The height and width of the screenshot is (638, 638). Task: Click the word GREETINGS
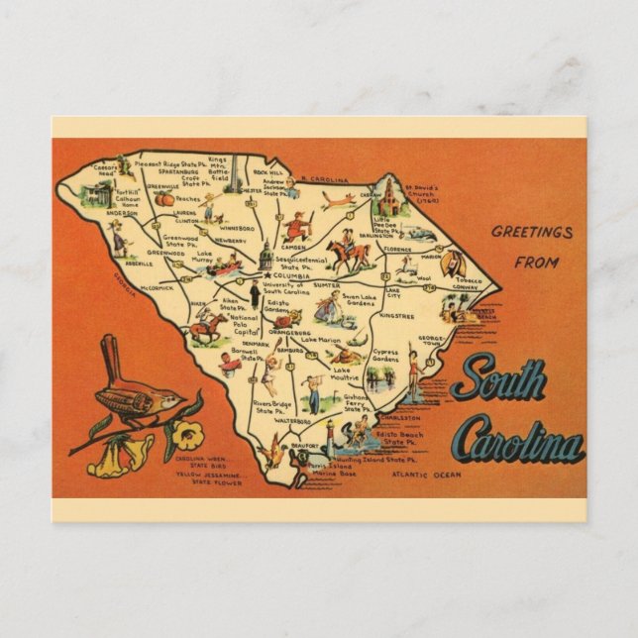coord(533,233)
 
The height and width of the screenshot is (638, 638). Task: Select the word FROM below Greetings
coord(537,263)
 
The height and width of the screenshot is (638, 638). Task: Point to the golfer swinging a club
coord(311,390)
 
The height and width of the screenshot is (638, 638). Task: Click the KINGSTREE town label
coord(397,316)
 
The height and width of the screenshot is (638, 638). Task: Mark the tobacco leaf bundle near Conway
coord(455,262)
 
